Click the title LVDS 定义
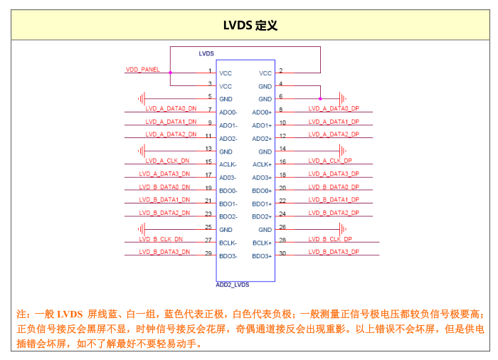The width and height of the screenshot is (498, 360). (x=249, y=26)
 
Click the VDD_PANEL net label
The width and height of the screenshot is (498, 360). (x=143, y=70)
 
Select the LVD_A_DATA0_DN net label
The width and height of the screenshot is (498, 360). (x=171, y=109)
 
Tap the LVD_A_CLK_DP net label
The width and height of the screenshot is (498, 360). (x=330, y=161)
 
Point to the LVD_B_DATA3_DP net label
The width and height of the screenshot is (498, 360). (x=334, y=252)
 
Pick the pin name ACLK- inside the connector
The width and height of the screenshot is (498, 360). (x=228, y=164)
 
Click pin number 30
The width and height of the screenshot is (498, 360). (x=282, y=253)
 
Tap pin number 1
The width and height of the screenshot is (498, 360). (x=210, y=70)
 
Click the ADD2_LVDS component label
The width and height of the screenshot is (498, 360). (x=233, y=285)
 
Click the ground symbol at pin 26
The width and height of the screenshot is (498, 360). (x=344, y=229)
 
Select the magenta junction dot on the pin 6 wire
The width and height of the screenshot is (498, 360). (x=320, y=98)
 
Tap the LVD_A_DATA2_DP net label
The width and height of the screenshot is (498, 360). (x=334, y=134)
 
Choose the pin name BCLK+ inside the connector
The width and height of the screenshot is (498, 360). (x=262, y=243)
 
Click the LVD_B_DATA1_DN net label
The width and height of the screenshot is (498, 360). (x=164, y=200)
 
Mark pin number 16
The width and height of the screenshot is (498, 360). (x=282, y=162)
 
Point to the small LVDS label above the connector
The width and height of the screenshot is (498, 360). (x=206, y=53)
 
